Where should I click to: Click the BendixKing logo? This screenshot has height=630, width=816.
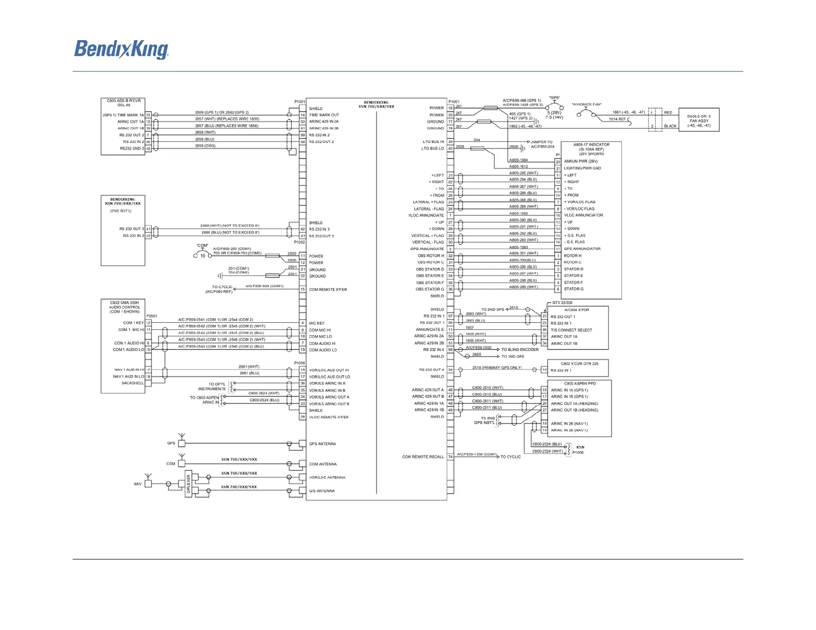pyautogui.click(x=121, y=50)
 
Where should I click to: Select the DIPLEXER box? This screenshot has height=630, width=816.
pyautogui.click(x=189, y=484)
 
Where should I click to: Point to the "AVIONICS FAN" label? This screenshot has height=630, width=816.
pyautogui.click(x=586, y=104)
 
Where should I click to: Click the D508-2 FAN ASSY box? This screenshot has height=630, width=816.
pyautogui.click(x=699, y=120)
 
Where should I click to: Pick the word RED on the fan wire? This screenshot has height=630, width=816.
pyautogui.click(x=668, y=112)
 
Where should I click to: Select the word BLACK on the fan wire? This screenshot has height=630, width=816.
pyautogui.click(x=670, y=126)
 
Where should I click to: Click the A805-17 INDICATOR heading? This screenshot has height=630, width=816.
pyautogui.click(x=591, y=145)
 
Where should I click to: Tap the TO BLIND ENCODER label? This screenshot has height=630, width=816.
pyautogui.click(x=520, y=349)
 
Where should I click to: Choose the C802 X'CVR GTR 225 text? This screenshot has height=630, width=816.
pyautogui.click(x=580, y=363)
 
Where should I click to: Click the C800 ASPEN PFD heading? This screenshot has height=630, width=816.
pyautogui.click(x=580, y=383)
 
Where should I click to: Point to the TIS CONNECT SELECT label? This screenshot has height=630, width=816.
pyautogui.click(x=571, y=330)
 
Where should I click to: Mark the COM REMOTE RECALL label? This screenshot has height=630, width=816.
pyautogui.click(x=422, y=457)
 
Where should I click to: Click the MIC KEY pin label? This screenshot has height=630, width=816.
pyautogui.click(x=317, y=323)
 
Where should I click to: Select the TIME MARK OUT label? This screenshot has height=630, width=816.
pyautogui.click(x=324, y=115)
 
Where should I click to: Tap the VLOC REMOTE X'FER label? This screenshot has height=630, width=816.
pyautogui.click(x=329, y=417)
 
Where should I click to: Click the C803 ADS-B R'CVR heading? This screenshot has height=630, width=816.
pyautogui.click(x=124, y=101)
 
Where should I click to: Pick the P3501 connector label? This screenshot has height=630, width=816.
pyautogui.click(x=151, y=316)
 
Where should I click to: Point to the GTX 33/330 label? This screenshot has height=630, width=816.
pyautogui.click(x=562, y=303)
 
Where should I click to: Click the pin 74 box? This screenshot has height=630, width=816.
pyautogui.click(x=450, y=457)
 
